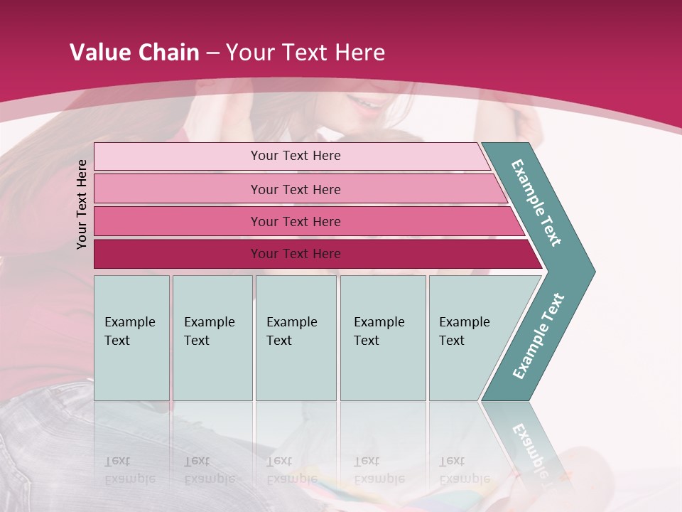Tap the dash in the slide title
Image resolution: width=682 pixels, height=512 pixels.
pyautogui.click(x=212, y=53)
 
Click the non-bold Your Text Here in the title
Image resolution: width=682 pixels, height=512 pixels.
pyautogui.click(x=305, y=53)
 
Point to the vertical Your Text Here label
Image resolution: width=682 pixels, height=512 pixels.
pyautogui.click(x=82, y=204)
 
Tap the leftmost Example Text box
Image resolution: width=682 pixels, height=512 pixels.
pyautogui.click(x=131, y=338)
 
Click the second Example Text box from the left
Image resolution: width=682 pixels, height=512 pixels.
pyautogui.click(x=212, y=338)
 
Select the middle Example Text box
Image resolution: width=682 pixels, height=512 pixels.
pyautogui.click(x=296, y=338)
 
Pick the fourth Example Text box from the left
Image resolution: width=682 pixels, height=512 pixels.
pyautogui.click(x=382, y=338)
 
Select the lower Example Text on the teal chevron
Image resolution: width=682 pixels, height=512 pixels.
pyautogui.click(x=538, y=336)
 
